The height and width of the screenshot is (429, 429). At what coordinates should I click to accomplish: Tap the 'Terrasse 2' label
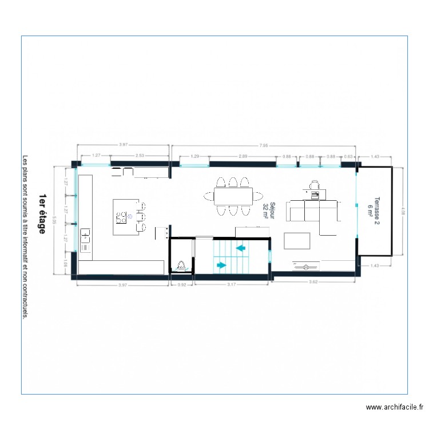pyautogui.click(x=377, y=207)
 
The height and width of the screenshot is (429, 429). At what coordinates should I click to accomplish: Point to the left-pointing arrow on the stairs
pyautogui.click(x=241, y=248)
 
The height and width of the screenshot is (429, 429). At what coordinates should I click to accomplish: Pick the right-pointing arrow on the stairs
pyautogui.click(x=220, y=265)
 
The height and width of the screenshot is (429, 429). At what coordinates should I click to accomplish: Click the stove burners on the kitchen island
pyautogui.click(x=122, y=216)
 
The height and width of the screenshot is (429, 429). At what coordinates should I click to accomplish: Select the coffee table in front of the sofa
pyautogui.click(x=297, y=241)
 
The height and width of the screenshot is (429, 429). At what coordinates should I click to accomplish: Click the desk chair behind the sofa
pyautogui.click(x=313, y=185)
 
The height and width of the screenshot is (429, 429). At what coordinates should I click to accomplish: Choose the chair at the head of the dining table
pyautogui.click(x=207, y=196)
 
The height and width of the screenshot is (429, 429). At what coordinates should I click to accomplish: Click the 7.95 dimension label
pyautogui.click(x=263, y=145)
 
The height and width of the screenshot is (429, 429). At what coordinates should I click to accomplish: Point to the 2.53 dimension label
pyautogui.click(x=140, y=156)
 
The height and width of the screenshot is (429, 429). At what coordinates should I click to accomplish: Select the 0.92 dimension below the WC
pyautogui.click(x=182, y=284)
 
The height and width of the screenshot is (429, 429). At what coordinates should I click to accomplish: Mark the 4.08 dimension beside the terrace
pyautogui.click(x=403, y=210)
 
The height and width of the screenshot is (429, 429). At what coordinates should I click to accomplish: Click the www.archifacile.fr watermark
pyautogui.click(x=394, y=407)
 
